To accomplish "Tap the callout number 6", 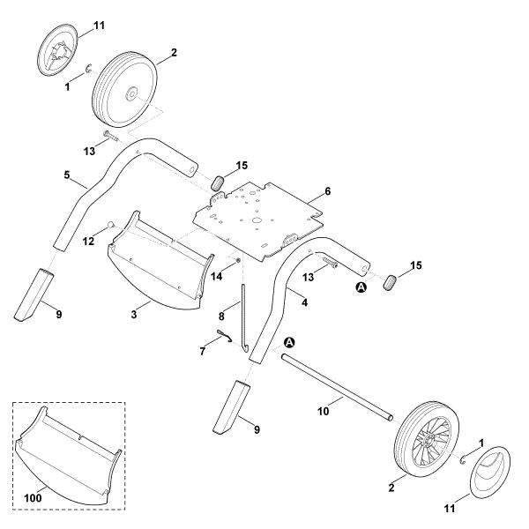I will pyautogui.click(x=328, y=191).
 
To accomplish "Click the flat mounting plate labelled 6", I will pyautogui.click(x=256, y=216).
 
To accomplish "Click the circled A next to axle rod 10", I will pyautogui.click(x=290, y=342).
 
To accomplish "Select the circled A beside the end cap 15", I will pyautogui.click(x=360, y=287).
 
